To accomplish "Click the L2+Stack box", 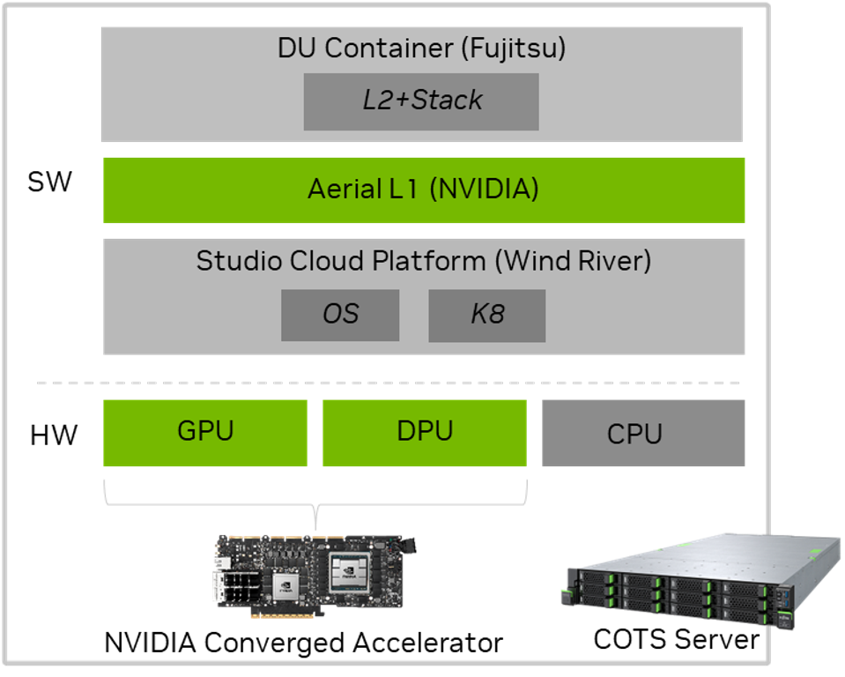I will tap(421, 101).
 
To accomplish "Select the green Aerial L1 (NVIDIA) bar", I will tap(424, 190).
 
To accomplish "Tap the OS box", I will tap(340, 315).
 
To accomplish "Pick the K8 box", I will tap(486, 315).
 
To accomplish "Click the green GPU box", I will tap(205, 432).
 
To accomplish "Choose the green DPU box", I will tap(424, 432).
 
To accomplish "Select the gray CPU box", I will tap(643, 434).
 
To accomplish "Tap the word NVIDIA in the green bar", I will tap(485, 190).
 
